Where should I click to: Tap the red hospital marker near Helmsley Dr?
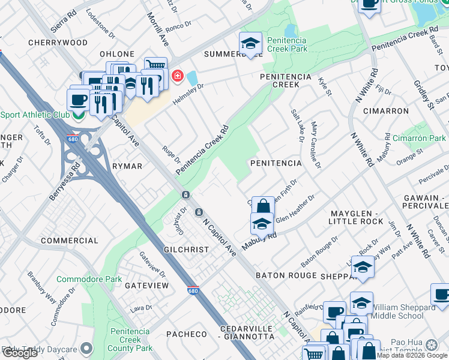pyautogui.click(x=177, y=76)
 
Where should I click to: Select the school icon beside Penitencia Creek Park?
pyautogui.click(x=250, y=43)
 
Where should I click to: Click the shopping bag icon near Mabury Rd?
pyautogui.click(x=262, y=208)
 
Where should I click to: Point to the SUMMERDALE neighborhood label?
pyautogui.click(x=233, y=54)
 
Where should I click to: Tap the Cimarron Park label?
pyautogui.click(x=419, y=138)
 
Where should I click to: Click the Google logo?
pyautogui.click(x=20, y=353)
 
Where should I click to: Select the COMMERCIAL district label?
pyautogui.click(x=69, y=241)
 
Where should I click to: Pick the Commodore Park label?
pyautogui.click(x=89, y=279)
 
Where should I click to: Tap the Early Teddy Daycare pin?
pyautogui.click(x=88, y=348)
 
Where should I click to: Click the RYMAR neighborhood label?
pyautogui.click(x=127, y=166)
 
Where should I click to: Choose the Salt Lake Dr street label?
pyautogui.click(x=297, y=125)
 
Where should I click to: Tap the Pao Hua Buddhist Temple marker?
pyautogui.click(x=431, y=345)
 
